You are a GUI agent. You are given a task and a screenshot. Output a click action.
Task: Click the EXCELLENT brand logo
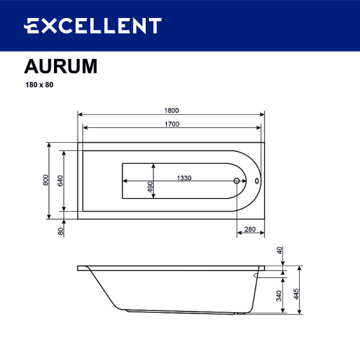[92, 26]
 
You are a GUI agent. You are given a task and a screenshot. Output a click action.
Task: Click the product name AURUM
[60, 66]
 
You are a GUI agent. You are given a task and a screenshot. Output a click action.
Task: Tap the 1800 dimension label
[171, 110]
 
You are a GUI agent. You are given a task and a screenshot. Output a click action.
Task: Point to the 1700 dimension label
[171, 124]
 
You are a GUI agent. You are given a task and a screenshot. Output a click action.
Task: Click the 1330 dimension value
[184, 178]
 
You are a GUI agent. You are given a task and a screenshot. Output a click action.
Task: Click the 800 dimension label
[45, 179]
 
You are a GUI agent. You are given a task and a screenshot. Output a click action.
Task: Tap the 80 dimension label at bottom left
[61, 231]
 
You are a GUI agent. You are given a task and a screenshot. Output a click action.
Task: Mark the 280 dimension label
[250, 229]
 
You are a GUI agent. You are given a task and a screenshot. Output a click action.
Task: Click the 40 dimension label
[280, 251]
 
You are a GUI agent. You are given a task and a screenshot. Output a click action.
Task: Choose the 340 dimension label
[280, 296]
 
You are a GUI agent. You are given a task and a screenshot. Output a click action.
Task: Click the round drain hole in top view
[236, 182]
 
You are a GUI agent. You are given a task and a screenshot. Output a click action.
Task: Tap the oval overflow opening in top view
[257, 182]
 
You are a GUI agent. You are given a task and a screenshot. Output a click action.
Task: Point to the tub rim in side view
[171, 268]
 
